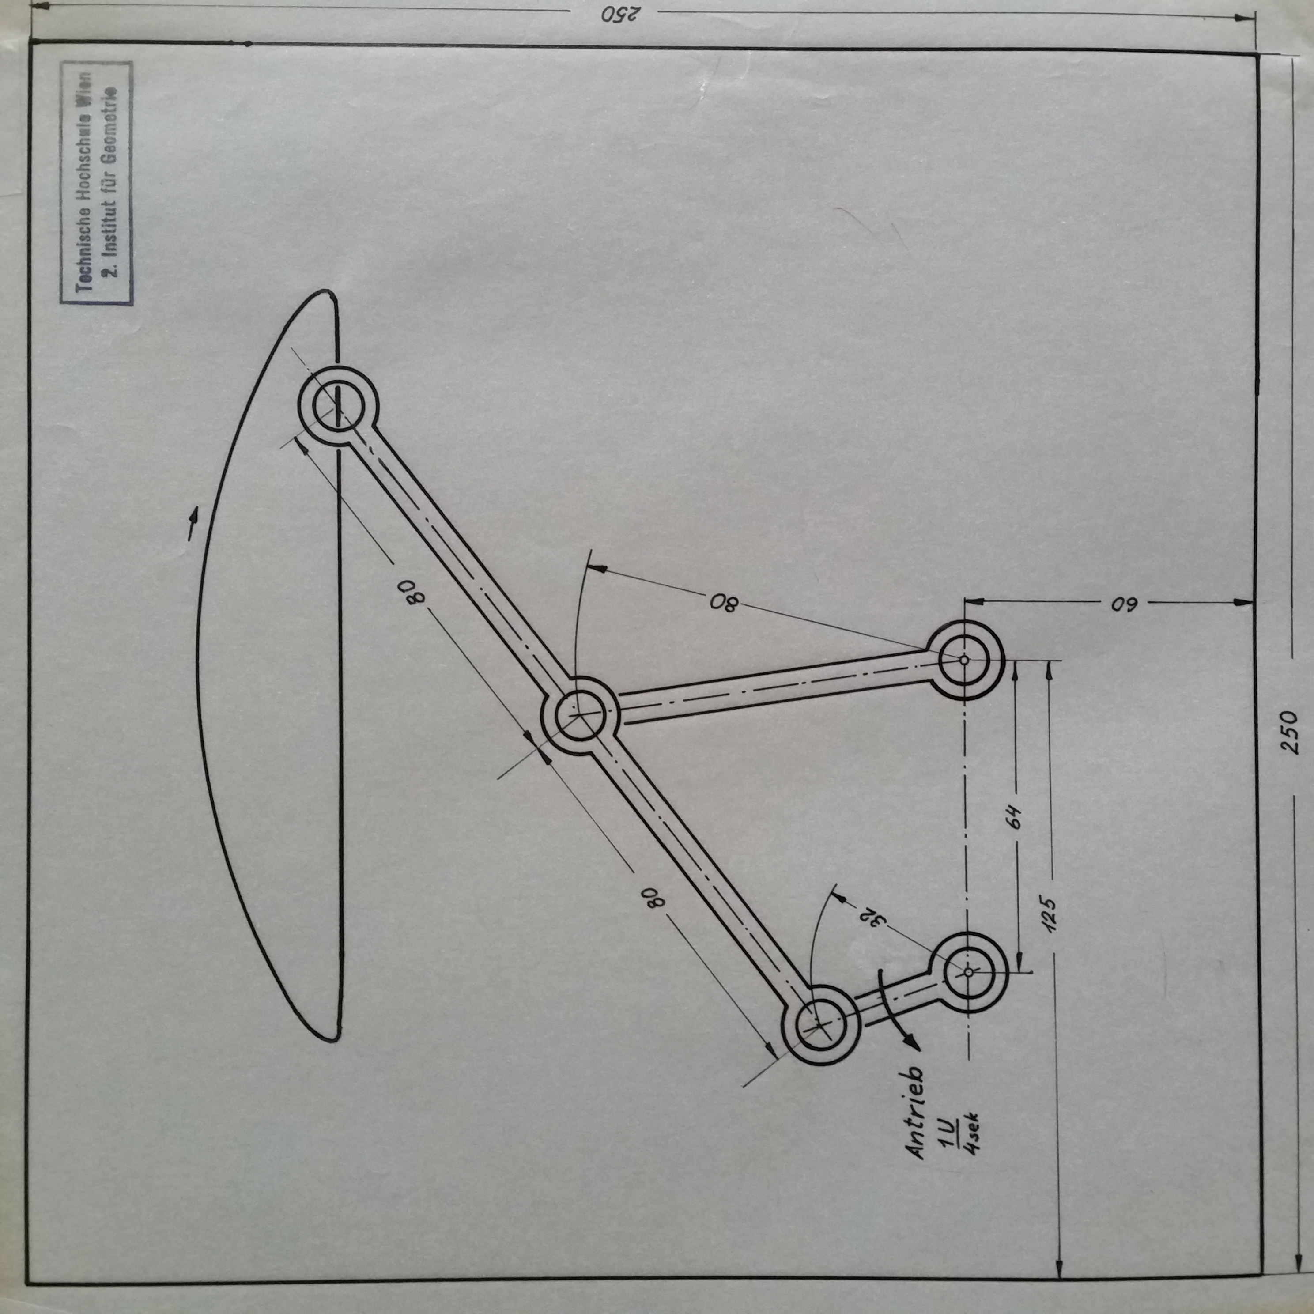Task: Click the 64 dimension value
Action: pos(1014,816)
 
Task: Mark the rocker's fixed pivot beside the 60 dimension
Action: pos(964,660)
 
